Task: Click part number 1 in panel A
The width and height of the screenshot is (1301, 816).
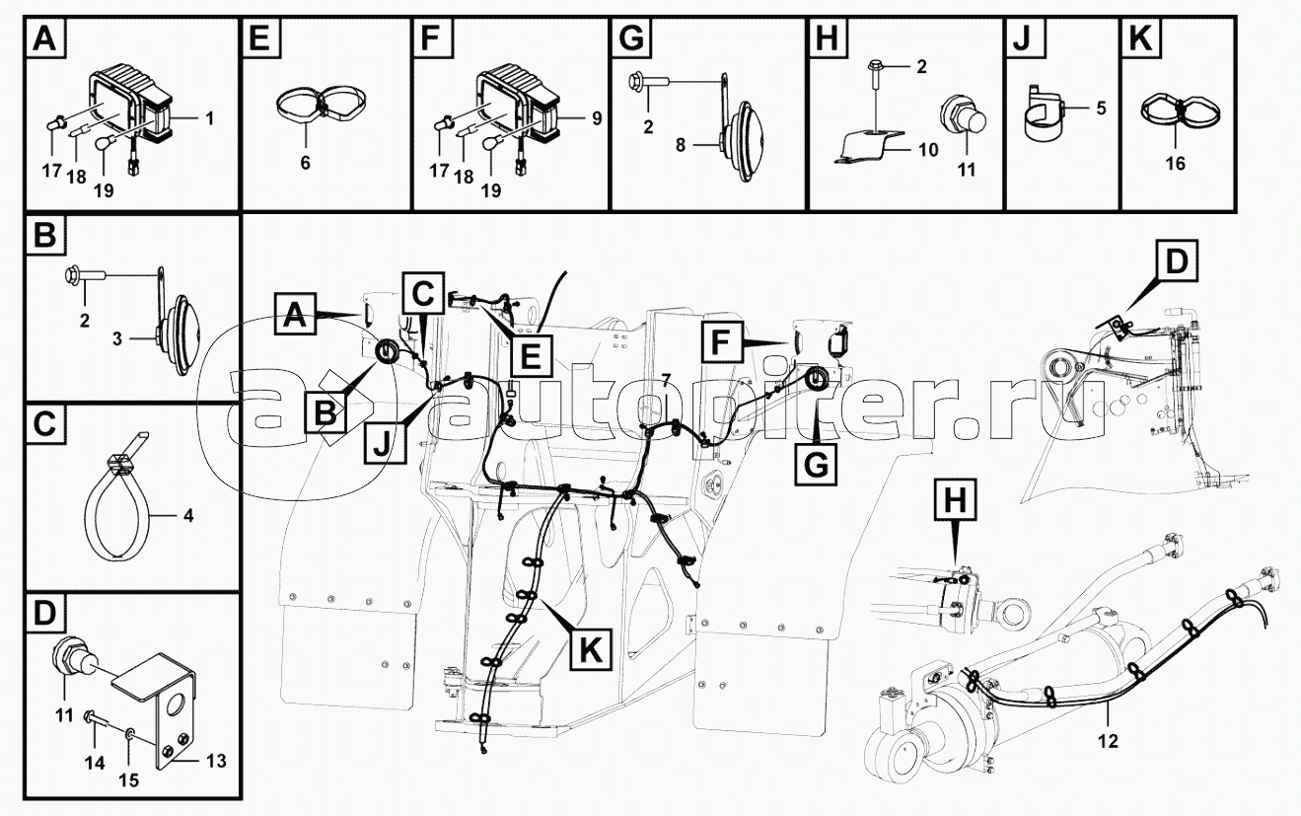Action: click(209, 117)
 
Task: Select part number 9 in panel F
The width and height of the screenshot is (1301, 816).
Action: click(596, 117)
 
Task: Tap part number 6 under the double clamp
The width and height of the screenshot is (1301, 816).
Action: click(306, 163)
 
